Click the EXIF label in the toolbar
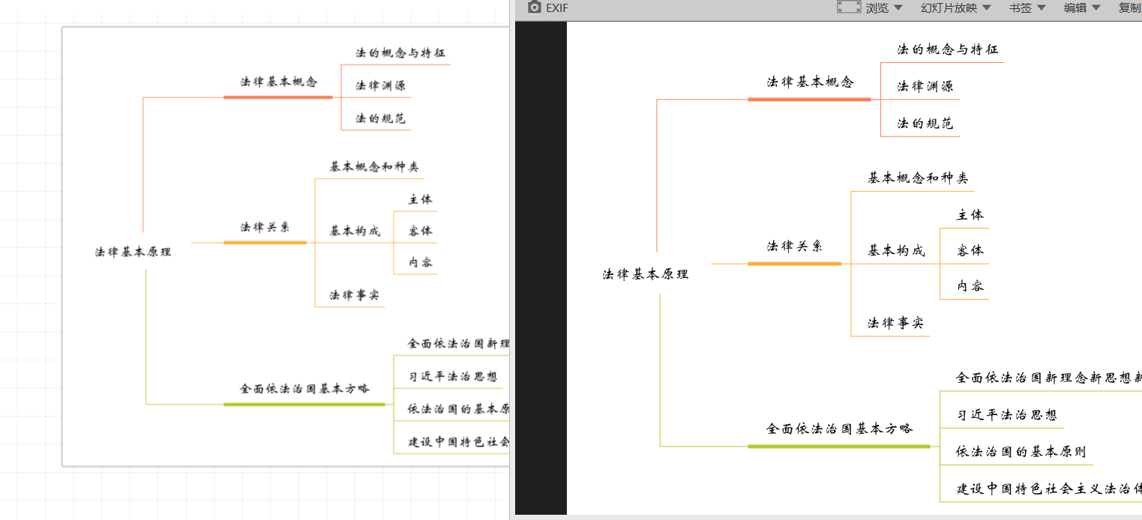pyautogui.click(x=557, y=7)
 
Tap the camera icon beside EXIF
pyautogui.click(x=535, y=7)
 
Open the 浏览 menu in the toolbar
pyautogui.click(x=877, y=7)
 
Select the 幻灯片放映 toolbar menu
pyautogui.click(x=949, y=7)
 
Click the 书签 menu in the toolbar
pyautogui.click(x=1021, y=7)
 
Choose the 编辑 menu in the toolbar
pyautogui.click(x=1075, y=7)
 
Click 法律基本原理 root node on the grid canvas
pyautogui.click(x=133, y=252)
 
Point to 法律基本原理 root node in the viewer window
pyautogui.click(x=645, y=274)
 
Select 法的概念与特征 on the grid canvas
pyautogui.click(x=400, y=53)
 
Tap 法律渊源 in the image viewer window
pyautogui.click(x=925, y=86)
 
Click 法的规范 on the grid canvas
pyautogui.click(x=381, y=118)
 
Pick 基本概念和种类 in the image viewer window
pyautogui.click(x=918, y=178)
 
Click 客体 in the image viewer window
pyautogui.click(x=970, y=250)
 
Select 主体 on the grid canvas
pyautogui.click(x=420, y=199)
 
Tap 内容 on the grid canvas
pyautogui.click(x=420, y=262)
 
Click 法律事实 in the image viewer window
pyautogui.click(x=895, y=323)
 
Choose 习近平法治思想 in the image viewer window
pyautogui.click(x=1006, y=415)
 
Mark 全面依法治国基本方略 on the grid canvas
pyautogui.click(x=304, y=389)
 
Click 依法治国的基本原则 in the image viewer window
pyautogui.click(x=1021, y=451)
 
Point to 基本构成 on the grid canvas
pyautogui.click(x=355, y=231)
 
